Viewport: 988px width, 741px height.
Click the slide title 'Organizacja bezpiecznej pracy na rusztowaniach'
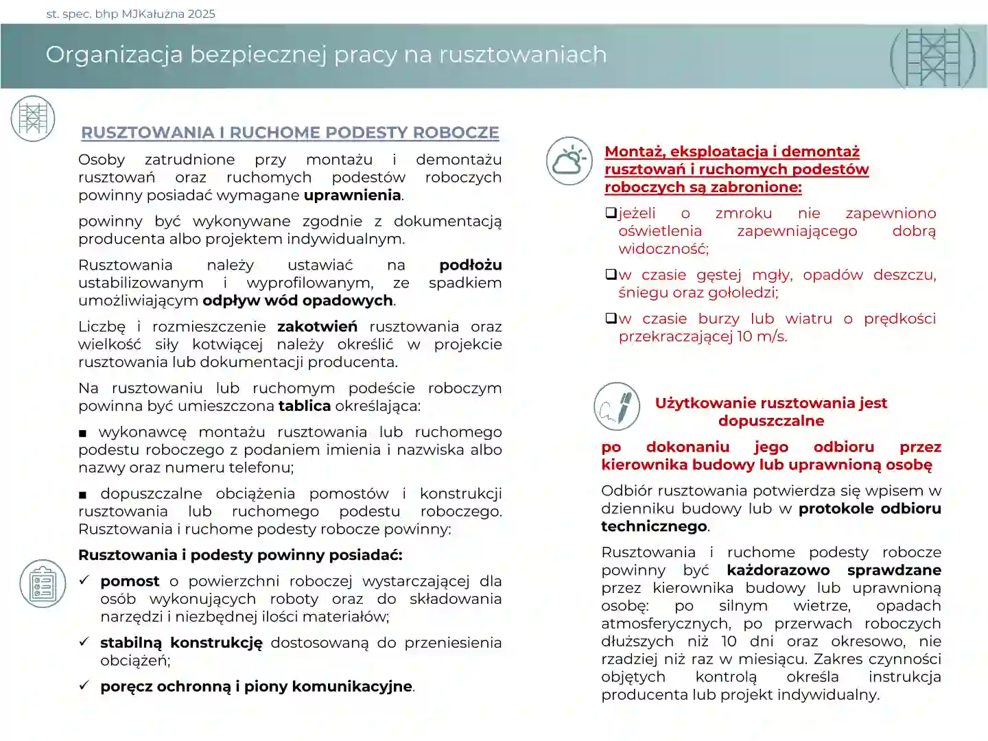tap(326, 55)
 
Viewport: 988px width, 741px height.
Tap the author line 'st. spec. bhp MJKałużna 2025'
tap(130, 14)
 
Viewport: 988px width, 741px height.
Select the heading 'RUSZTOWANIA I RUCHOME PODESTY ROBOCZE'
tap(290, 133)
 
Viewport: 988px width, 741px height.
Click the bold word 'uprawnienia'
tap(352, 196)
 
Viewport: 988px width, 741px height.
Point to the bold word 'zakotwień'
tap(317, 327)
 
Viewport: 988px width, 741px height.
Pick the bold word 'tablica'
tap(304, 406)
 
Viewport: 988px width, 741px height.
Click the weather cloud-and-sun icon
tap(569, 161)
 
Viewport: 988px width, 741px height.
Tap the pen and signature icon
tap(617, 407)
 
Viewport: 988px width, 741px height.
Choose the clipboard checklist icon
tap(43, 584)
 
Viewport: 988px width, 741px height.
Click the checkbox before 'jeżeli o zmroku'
tap(611, 213)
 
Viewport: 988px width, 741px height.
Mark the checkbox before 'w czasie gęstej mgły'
tap(611, 275)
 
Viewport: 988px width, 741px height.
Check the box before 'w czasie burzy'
tap(611, 319)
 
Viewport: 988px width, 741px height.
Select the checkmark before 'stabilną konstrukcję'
tap(84, 642)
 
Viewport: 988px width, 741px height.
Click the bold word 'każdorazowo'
tap(778, 571)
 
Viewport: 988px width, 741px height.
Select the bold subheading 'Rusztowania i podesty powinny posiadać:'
tap(240, 555)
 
